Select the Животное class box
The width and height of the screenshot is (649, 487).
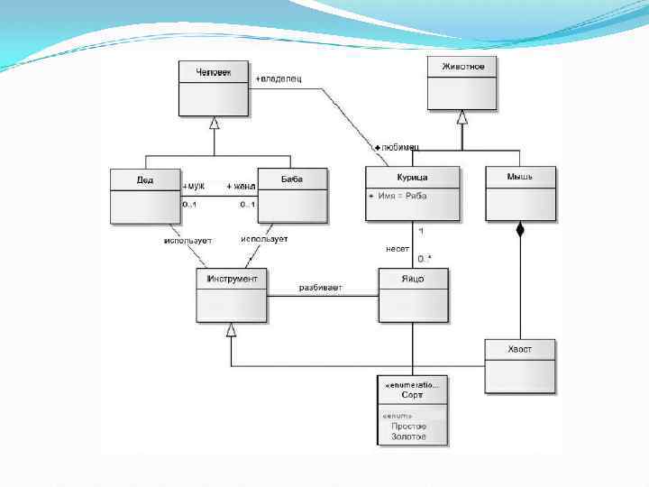click(x=462, y=83)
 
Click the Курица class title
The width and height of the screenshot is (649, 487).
click(x=412, y=178)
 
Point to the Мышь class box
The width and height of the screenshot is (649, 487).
click(x=520, y=193)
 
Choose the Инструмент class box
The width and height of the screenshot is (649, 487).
click(x=232, y=295)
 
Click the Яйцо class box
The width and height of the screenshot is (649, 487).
click(x=413, y=295)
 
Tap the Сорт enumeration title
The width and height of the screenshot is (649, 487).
click(x=413, y=395)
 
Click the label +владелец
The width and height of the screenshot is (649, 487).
click(x=279, y=78)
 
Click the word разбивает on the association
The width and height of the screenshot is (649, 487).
click(x=320, y=288)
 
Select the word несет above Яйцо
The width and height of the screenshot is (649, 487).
click(x=398, y=248)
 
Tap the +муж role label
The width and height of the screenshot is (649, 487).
click(x=194, y=187)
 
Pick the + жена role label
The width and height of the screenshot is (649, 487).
click(x=241, y=187)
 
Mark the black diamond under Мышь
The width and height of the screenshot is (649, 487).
click(x=519, y=230)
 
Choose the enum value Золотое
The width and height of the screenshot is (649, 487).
click(x=408, y=436)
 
